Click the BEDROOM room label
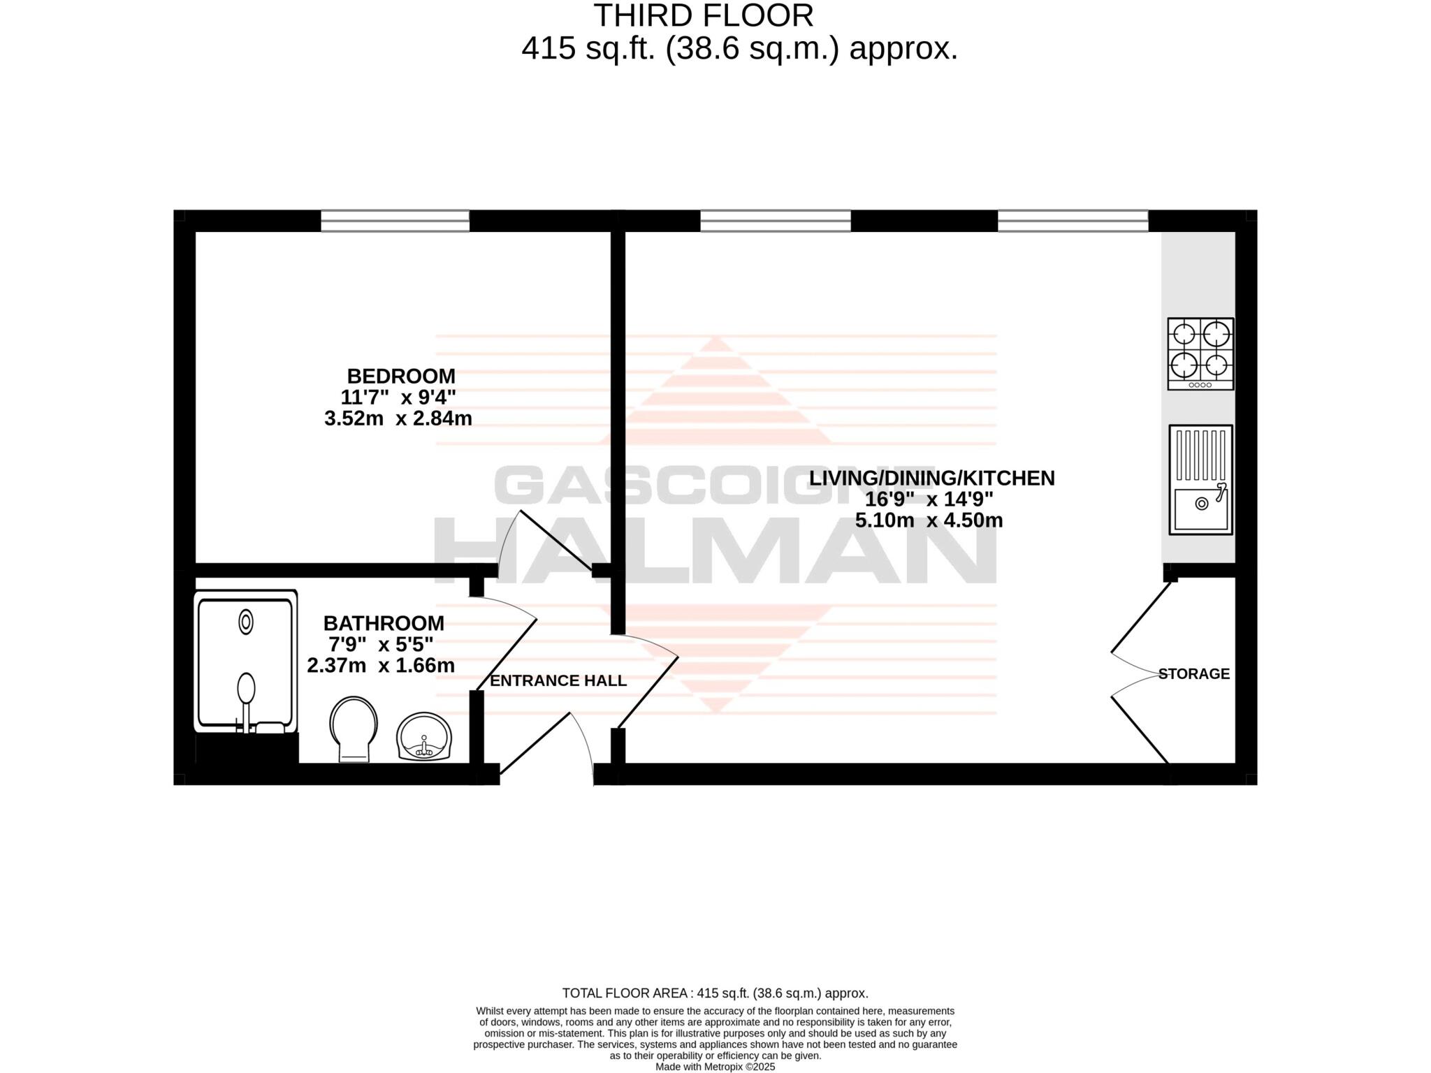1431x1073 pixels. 400,376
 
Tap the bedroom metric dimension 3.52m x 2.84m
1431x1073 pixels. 398,418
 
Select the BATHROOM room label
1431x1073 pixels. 383,622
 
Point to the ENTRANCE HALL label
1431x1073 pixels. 558,680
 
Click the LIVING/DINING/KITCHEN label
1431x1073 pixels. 931,478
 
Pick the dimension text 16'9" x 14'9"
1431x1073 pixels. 929,499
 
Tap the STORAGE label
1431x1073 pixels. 1193,673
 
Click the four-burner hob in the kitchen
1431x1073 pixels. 1200,353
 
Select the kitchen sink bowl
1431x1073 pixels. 1200,509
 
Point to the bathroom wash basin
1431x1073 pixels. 424,737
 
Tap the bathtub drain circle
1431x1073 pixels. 246,622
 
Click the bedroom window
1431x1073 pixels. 395,221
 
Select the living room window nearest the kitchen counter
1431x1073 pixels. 1073,221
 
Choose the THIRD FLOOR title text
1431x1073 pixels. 703,15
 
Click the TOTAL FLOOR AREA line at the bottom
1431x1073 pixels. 715,993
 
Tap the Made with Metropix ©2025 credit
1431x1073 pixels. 715,1067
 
